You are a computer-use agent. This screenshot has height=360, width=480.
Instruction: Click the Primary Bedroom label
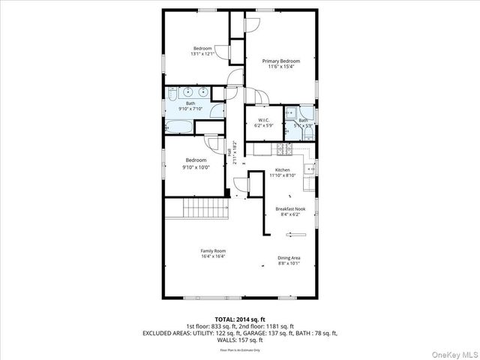(x=281, y=61)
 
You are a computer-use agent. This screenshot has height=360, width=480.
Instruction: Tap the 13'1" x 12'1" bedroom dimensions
(x=202, y=54)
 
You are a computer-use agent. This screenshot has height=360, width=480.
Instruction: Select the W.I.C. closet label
(x=263, y=120)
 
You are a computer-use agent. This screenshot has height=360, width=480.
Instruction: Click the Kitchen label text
(x=283, y=170)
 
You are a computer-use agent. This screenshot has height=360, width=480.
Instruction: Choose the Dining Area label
(x=289, y=258)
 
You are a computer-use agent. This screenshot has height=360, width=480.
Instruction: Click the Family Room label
(x=213, y=250)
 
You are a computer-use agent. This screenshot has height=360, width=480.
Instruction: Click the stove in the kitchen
(x=283, y=148)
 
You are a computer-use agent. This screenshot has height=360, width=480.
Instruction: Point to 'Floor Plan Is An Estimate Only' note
(x=240, y=350)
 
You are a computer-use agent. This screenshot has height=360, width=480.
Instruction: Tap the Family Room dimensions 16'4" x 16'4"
(x=213, y=256)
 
